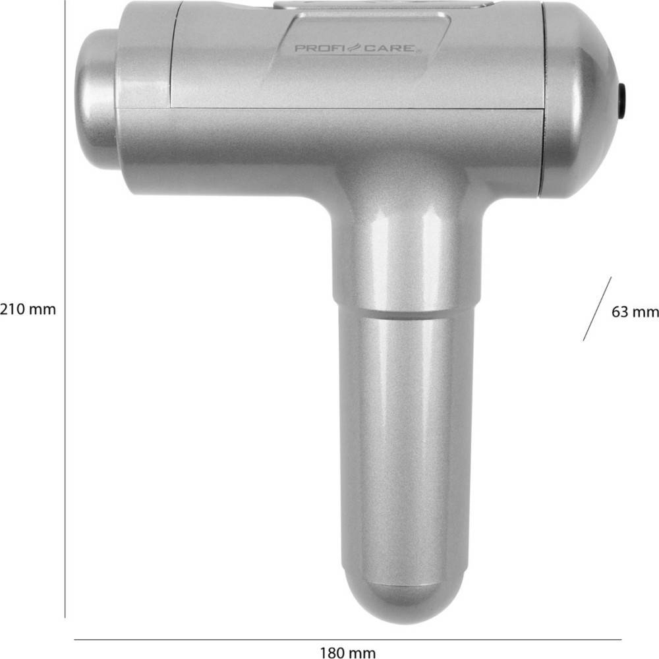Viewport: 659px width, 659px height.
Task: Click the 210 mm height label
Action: click(x=28, y=309)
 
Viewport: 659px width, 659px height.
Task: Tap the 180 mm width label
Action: click(x=348, y=653)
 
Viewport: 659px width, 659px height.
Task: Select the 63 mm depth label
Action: click(x=635, y=312)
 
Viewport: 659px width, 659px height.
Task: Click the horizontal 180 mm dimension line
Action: click(x=347, y=639)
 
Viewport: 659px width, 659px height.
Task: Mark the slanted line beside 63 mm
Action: click(x=597, y=308)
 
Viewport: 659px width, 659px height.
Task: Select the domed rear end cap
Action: click(x=577, y=99)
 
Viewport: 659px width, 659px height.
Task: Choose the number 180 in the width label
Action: click(x=333, y=653)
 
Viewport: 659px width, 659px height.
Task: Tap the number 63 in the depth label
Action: click(x=621, y=312)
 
